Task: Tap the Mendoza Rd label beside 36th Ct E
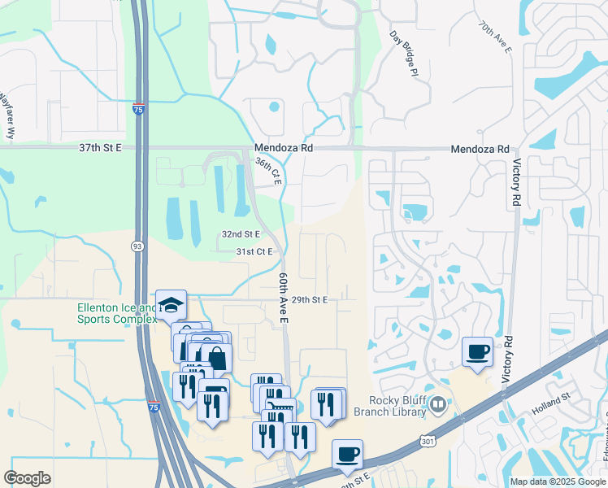[283, 149]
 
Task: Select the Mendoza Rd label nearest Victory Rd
[480, 150]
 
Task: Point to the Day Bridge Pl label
[403, 55]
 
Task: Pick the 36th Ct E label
[267, 171]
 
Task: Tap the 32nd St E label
[241, 234]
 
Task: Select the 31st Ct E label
[254, 252]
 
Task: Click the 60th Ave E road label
[284, 298]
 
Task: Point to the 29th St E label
[309, 300]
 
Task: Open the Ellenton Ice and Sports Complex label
[116, 313]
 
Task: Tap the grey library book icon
[439, 404]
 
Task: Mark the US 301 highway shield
[428, 440]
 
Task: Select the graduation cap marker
[171, 305]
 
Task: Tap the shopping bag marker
[217, 358]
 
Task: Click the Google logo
[28, 478]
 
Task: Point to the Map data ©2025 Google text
[557, 481]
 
